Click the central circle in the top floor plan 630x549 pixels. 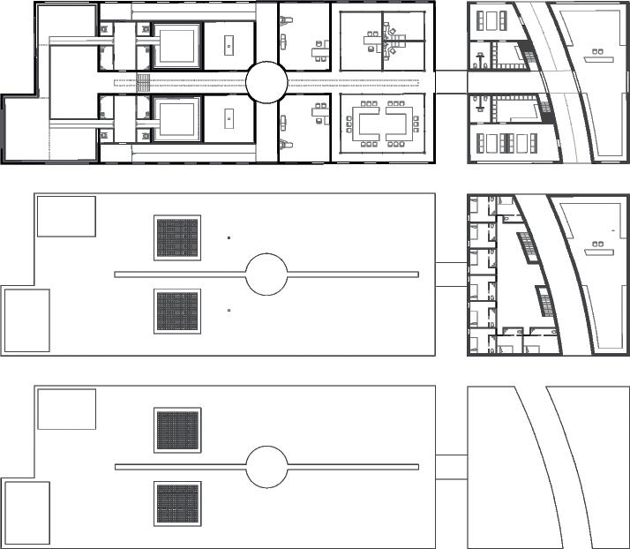click(x=266, y=83)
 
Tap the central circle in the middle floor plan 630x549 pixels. click(x=266, y=274)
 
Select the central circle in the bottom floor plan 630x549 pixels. click(x=266, y=466)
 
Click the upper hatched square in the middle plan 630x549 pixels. click(x=178, y=237)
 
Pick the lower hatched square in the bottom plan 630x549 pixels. click(x=178, y=504)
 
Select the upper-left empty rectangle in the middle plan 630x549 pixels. click(x=66, y=216)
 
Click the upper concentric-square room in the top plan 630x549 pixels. click(x=178, y=43)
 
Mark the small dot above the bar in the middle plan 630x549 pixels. click(x=229, y=237)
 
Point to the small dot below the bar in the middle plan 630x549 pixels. click(x=229, y=311)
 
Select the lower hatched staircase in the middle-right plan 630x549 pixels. click(x=547, y=305)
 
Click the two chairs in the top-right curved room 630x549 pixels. click(x=597, y=52)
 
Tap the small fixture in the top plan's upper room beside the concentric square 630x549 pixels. click(x=229, y=43)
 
